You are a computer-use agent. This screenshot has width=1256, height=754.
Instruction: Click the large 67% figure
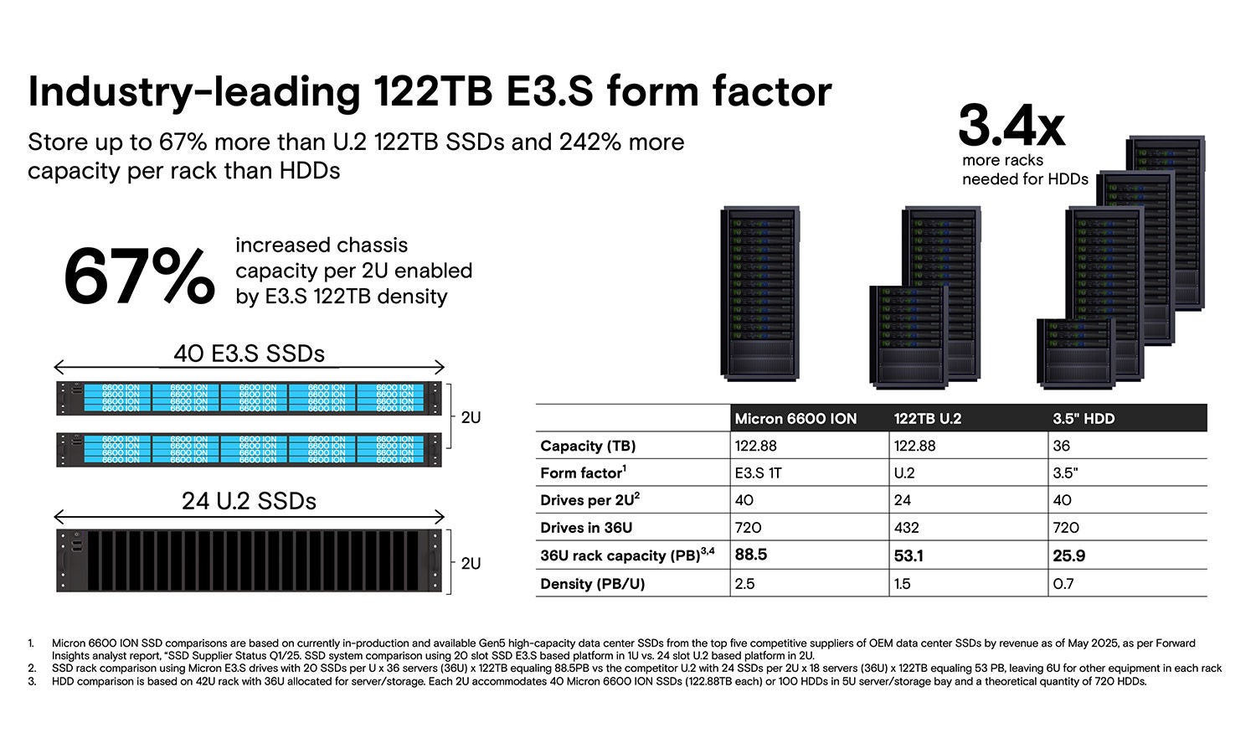(139, 276)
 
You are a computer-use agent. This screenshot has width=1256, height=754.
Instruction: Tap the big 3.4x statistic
(1011, 126)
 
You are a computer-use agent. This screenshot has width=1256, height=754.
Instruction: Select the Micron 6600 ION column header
(795, 418)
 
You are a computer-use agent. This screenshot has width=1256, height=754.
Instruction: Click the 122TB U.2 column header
(928, 418)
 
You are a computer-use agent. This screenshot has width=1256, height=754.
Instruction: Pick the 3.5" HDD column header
(1084, 418)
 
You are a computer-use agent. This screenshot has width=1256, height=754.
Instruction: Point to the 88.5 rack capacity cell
(751, 555)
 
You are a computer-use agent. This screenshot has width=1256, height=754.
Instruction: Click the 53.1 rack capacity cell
(909, 555)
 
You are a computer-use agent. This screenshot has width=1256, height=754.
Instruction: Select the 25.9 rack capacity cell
(1068, 555)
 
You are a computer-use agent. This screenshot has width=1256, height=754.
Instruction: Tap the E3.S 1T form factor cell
(758, 473)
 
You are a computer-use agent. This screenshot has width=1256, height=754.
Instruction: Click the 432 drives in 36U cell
(906, 528)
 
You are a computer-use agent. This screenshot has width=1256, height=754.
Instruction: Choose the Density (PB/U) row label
(592, 583)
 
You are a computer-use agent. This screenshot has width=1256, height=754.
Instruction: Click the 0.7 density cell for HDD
(1063, 583)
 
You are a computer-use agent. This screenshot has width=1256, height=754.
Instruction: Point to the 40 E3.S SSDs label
(249, 354)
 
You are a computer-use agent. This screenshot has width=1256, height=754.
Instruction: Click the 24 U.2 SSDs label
(249, 501)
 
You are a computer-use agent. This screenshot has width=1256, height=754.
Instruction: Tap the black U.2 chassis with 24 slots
(249, 560)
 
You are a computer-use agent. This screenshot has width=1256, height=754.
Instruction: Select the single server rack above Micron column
(759, 293)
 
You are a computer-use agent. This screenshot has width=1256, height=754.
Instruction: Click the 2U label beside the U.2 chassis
(471, 563)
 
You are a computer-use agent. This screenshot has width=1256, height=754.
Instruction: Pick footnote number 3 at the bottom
(31, 681)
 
